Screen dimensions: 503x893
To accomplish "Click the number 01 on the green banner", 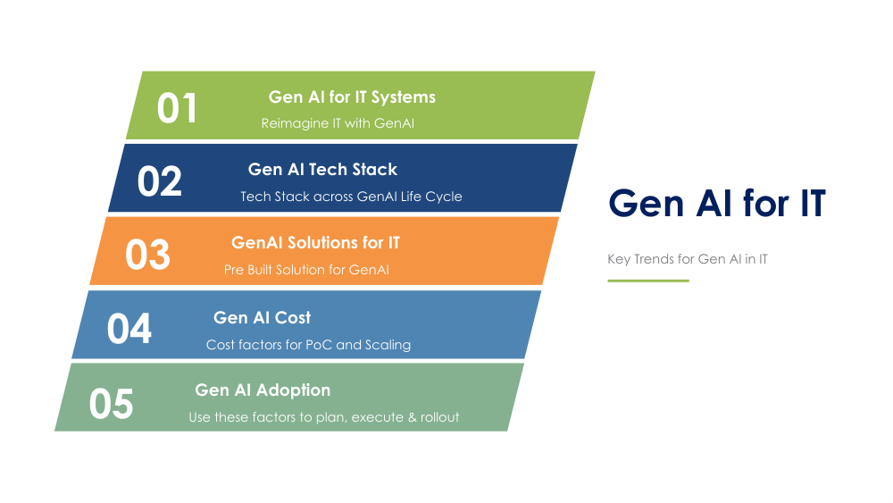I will coord(177,108).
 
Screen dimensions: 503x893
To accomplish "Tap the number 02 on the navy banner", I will coord(159,181).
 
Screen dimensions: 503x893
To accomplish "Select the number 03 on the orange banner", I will coord(147,255).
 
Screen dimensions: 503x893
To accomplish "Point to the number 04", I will coord(129,329).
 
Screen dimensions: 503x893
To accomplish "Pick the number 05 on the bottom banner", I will coord(111,404).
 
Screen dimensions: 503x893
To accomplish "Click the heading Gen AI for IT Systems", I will coord(352,96).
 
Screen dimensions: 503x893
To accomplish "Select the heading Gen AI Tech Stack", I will coord(322,169).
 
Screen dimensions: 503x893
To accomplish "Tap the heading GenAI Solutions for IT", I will coord(315,242).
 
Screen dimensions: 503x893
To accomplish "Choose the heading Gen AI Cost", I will coord(262,317).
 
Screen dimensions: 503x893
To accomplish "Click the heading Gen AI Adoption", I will coord(263,390).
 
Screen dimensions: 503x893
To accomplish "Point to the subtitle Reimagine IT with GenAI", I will coord(338,123).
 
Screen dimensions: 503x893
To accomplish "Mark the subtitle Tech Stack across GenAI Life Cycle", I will coord(351,197).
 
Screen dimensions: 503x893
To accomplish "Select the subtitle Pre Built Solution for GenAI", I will coord(306,270).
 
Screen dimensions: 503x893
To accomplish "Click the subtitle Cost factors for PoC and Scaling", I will coord(308,345).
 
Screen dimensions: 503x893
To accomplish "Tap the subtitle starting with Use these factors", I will coord(323,417).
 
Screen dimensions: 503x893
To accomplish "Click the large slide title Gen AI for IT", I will coord(716,204).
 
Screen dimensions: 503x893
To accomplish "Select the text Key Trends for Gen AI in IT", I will coord(687,259).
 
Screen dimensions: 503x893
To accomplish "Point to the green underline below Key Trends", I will coord(648,281).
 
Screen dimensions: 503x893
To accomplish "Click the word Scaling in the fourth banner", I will coord(388,345).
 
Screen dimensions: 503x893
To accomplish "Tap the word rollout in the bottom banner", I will coord(438,417).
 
